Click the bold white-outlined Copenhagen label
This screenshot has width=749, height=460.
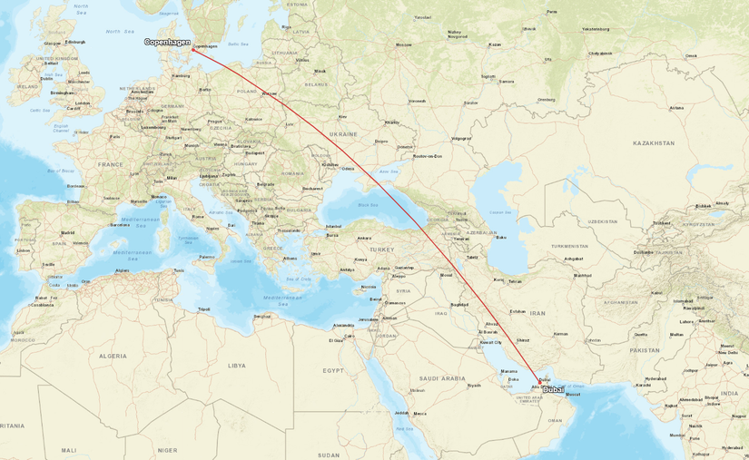pyautogui.click(x=167, y=42)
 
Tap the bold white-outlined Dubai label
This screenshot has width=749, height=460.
pyautogui.click(x=553, y=389)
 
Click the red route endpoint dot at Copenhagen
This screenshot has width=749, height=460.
pyautogui.click(x=192, y=49)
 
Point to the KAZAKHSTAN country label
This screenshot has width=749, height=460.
pyautogui.click(x=655, y=143)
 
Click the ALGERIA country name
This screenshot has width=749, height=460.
pyautogui.click(x=113, y=357)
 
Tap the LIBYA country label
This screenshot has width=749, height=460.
pyautogui.click(x=237, y=365)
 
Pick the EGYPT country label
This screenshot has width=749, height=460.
pyautogui.click(x=333, y=370)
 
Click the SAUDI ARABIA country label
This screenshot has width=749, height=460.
pyautogui.click(x=443, y=377)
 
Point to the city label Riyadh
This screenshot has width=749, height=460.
pyautogui.click(x=473, y=385)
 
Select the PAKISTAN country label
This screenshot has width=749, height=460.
pyautogui.click(x=644, y=349)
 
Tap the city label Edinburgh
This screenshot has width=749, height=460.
pyautogui.click(x=74, y=42)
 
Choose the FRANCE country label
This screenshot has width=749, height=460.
pyautogui.click(x=111, y=164)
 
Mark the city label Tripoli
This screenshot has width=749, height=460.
pyautogui.click(x=204, y=309)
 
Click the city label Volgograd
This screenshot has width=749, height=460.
pyautogui.click(x=460, y=139)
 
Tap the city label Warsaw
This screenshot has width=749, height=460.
pyautogui.click(x=270, y=93)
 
